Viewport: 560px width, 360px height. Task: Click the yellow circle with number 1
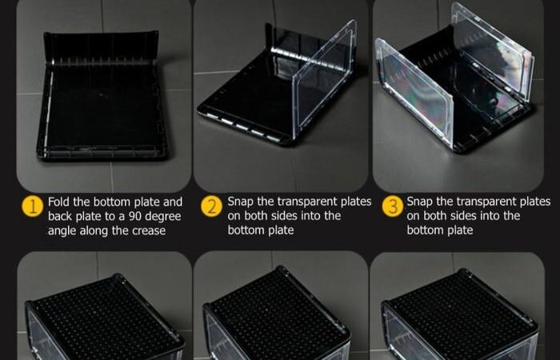coord(33,206)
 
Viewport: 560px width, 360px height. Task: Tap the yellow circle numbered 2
coord(212,206)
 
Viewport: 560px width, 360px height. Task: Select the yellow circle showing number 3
coord(393,206)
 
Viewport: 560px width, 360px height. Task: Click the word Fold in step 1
coord(59,202)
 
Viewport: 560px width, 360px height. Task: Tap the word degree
coord(164,217)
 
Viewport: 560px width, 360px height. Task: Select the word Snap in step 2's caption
coord(240,202)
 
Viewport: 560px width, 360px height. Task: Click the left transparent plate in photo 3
coord(414,93)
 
